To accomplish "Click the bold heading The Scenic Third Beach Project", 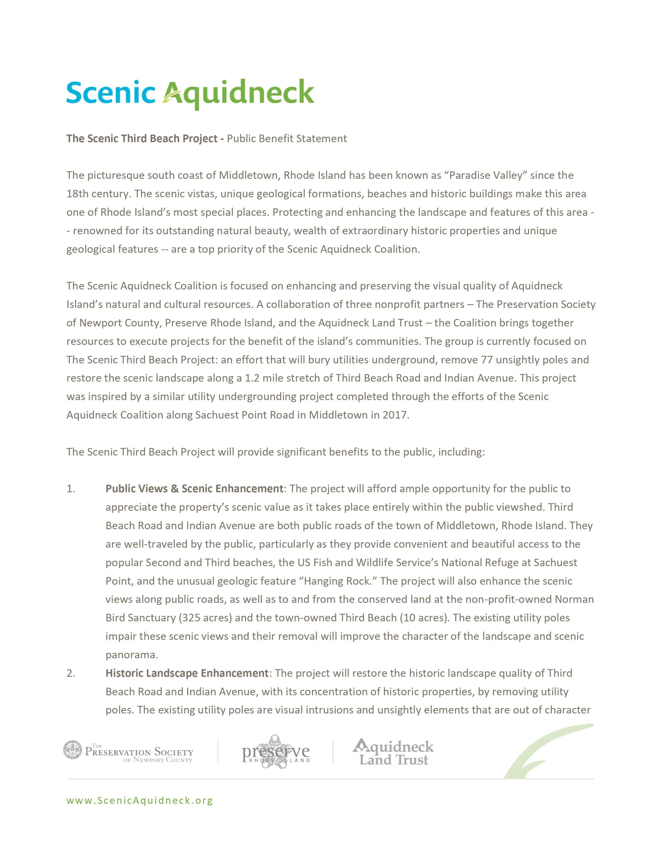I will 142,138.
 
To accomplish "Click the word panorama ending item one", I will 132,655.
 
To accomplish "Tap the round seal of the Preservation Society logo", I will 73,750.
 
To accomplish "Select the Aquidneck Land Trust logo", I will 393,752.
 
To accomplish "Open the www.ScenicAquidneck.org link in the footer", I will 140,800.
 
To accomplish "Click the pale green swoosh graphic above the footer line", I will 551,751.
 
